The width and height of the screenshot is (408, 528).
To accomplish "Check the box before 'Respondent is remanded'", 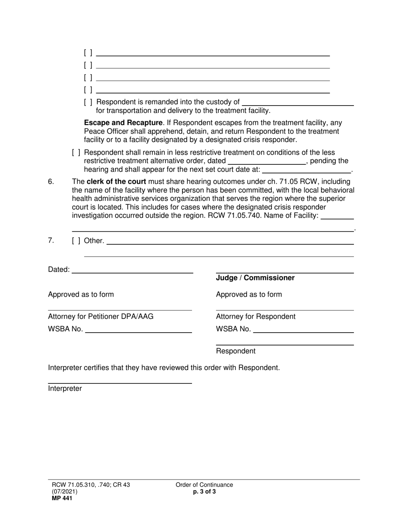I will pyautogui.click(x=88, y=102).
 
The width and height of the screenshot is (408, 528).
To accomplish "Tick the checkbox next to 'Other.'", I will pyautogui.click(x=76, y=241).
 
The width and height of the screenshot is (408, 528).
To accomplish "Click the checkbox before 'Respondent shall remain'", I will pyautogui.click(x=76, y=153).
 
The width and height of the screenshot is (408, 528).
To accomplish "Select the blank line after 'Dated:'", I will pyautogui.click(x=132, y=270).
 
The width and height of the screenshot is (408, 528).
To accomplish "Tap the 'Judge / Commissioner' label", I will pyautogui.click(x=255, y=278).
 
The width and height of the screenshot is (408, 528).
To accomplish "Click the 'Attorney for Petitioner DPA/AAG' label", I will pyautogui.click(x=100, y=317).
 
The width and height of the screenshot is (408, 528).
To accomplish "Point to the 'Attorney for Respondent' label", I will pyautogui.click(x=256, y=317).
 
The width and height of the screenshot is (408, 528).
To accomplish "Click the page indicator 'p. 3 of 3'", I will pyautogui.click(x=204, y=492).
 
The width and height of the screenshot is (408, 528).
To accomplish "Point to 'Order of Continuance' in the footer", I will pyautogui.click(x=204, y=485).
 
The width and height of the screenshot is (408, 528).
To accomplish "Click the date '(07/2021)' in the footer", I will pyautogui.click(x=63, y=492).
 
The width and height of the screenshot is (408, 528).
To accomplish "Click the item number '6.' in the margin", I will pyautogui.click(x=51, y=181).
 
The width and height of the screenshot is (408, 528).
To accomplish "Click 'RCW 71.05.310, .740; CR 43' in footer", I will pyautogui.click(x=89, y=485).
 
